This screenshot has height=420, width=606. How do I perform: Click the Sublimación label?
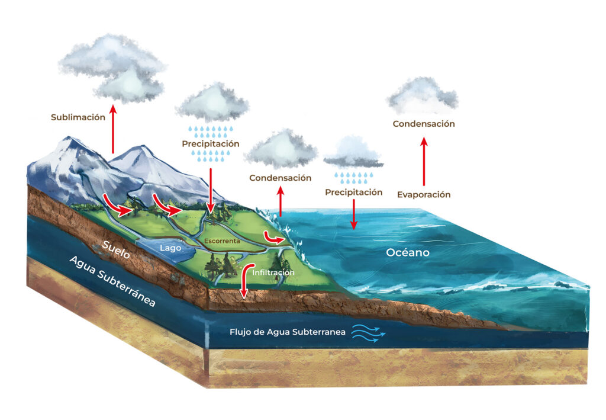click(x=78, y=117)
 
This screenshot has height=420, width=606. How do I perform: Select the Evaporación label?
click(x=424, y=194)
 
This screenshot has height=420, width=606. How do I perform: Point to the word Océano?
click(x=408, y=252)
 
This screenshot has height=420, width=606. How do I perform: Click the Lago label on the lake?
click(x=170, y=248)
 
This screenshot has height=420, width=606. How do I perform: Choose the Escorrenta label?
click(x=222, y=242)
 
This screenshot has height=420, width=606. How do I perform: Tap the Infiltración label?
click(x=273, y=272)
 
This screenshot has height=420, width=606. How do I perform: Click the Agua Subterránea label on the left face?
click(x=112, y=281)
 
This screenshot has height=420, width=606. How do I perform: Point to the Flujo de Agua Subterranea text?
click(x=288, y=332)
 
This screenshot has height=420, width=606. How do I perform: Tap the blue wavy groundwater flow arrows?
click(x=369, y=334)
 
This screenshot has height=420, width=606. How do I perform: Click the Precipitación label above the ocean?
click(x=354, y=193)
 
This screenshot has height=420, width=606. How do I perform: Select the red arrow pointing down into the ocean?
click(x=354, y=214)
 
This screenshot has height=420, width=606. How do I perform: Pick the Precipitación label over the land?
click(x=211, y=143)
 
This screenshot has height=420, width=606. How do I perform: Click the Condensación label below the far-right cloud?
click(x=424, y=124)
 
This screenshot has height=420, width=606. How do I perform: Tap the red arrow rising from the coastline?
click(x=281, y=201)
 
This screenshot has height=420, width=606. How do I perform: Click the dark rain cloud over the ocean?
click(x=353, y=153)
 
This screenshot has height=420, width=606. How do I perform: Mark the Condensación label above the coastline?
click(x=280, y=178)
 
